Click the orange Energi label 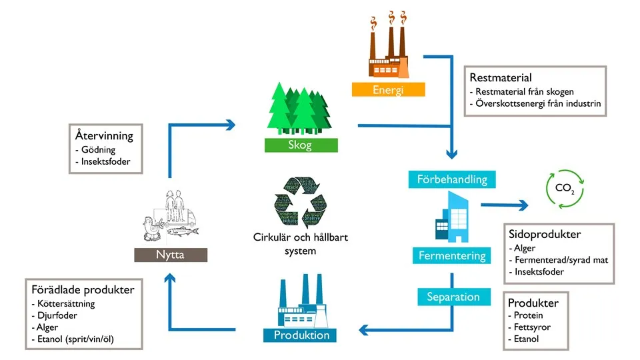pos(389,89)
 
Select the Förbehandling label pos(452,179)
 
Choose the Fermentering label pos(452,255)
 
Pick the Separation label pos(453,297)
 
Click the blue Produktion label pos(301,335)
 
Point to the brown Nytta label pos(169,255)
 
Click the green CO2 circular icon pos(564,187)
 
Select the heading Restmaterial pos(501,78)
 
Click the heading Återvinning pos(104,136)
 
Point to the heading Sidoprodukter pos(545,235)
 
